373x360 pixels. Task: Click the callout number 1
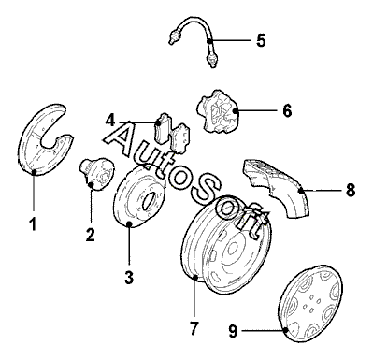pos(33,224)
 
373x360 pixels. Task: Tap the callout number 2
pos(90,235)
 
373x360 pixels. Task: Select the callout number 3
pos(129,277)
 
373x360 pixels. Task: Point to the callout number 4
pos(110,121)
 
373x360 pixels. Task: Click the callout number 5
pos(261,40)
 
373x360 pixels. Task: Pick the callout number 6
pos(287,110)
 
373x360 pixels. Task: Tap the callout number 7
pos(194,328)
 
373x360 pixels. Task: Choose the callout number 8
pos(351,190)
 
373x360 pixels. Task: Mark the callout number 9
pos(233,331)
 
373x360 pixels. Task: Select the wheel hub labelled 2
pos(95,172)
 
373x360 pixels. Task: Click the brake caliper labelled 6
pos(217,111)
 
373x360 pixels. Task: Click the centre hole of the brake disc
pos(148,200)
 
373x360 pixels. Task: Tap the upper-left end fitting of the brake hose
pos(174,36)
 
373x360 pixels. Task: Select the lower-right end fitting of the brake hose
pos(211,59)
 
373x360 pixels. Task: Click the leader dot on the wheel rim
pos(194,277)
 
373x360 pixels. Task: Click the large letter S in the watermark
pos(207,190)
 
